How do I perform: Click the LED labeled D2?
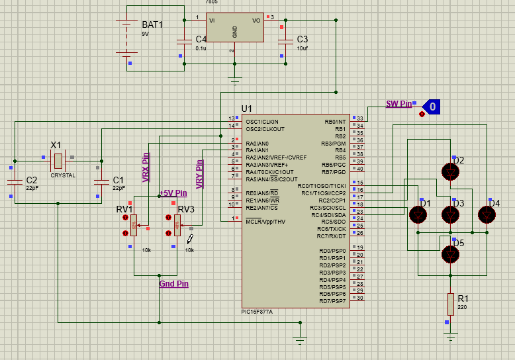click(451, 171)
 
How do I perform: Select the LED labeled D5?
click(451, 253)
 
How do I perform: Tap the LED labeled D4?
click(488, 214)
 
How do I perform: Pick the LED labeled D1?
click(418, 214)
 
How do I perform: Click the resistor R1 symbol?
click(451, 304)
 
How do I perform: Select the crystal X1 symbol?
click(58, 159)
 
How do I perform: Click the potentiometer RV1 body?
click(133, 225)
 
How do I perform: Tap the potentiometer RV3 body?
click(177, 225)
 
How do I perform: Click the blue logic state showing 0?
click(431, 105)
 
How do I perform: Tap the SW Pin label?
click(399, 104)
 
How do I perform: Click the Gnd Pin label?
click(174, 283)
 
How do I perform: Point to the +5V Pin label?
click(173, 193)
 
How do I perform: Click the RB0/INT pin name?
click(334, 122)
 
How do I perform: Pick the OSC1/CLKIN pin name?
click(262, 122)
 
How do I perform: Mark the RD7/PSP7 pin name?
click(332, 301)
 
